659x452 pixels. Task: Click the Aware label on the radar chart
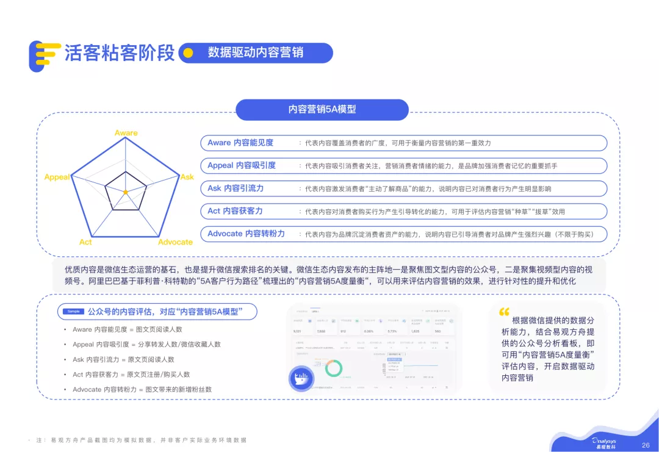pyautogui.click(x=126, y=133)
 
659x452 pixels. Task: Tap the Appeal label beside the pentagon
pyautogui.click(x=57, y=177)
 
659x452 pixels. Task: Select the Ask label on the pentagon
pyautogui.click(x=187, y=177)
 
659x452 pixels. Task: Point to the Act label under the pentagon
pyautogui.click(x=85, y=242)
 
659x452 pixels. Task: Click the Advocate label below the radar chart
pyautogui.click(x=175, y=242)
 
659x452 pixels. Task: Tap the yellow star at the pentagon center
pyautogui.click(x=126, y=192)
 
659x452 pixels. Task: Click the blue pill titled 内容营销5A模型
pyautogui.click(x=322, y=110)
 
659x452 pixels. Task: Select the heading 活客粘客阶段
pyautogui.click(x=120, y=53)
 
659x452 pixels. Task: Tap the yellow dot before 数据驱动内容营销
pyautogui.click(x=189, y=53)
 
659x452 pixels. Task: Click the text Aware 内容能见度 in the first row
pyautogui.click(x=240, y=143)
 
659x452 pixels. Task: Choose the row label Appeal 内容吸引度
pyautogui.click(x=242, y=165)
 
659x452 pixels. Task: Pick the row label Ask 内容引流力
pyautogui.click(x=236, y=188)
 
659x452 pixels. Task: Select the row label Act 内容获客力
pyautogui.click(x=235, y=210)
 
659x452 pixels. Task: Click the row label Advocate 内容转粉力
pyautogui.click(x=246, y=234)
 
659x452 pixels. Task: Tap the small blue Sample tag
pyautogui.click(x=73, y=312)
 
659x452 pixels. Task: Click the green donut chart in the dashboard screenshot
pyautogui.click(x=334, y=367)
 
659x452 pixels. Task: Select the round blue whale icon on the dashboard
pyautogui.click(x=301, y=378)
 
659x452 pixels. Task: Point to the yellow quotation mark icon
pyautogui.click(x=504, y=312)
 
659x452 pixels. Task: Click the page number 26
pyautogui.click(x=646, y=445)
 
